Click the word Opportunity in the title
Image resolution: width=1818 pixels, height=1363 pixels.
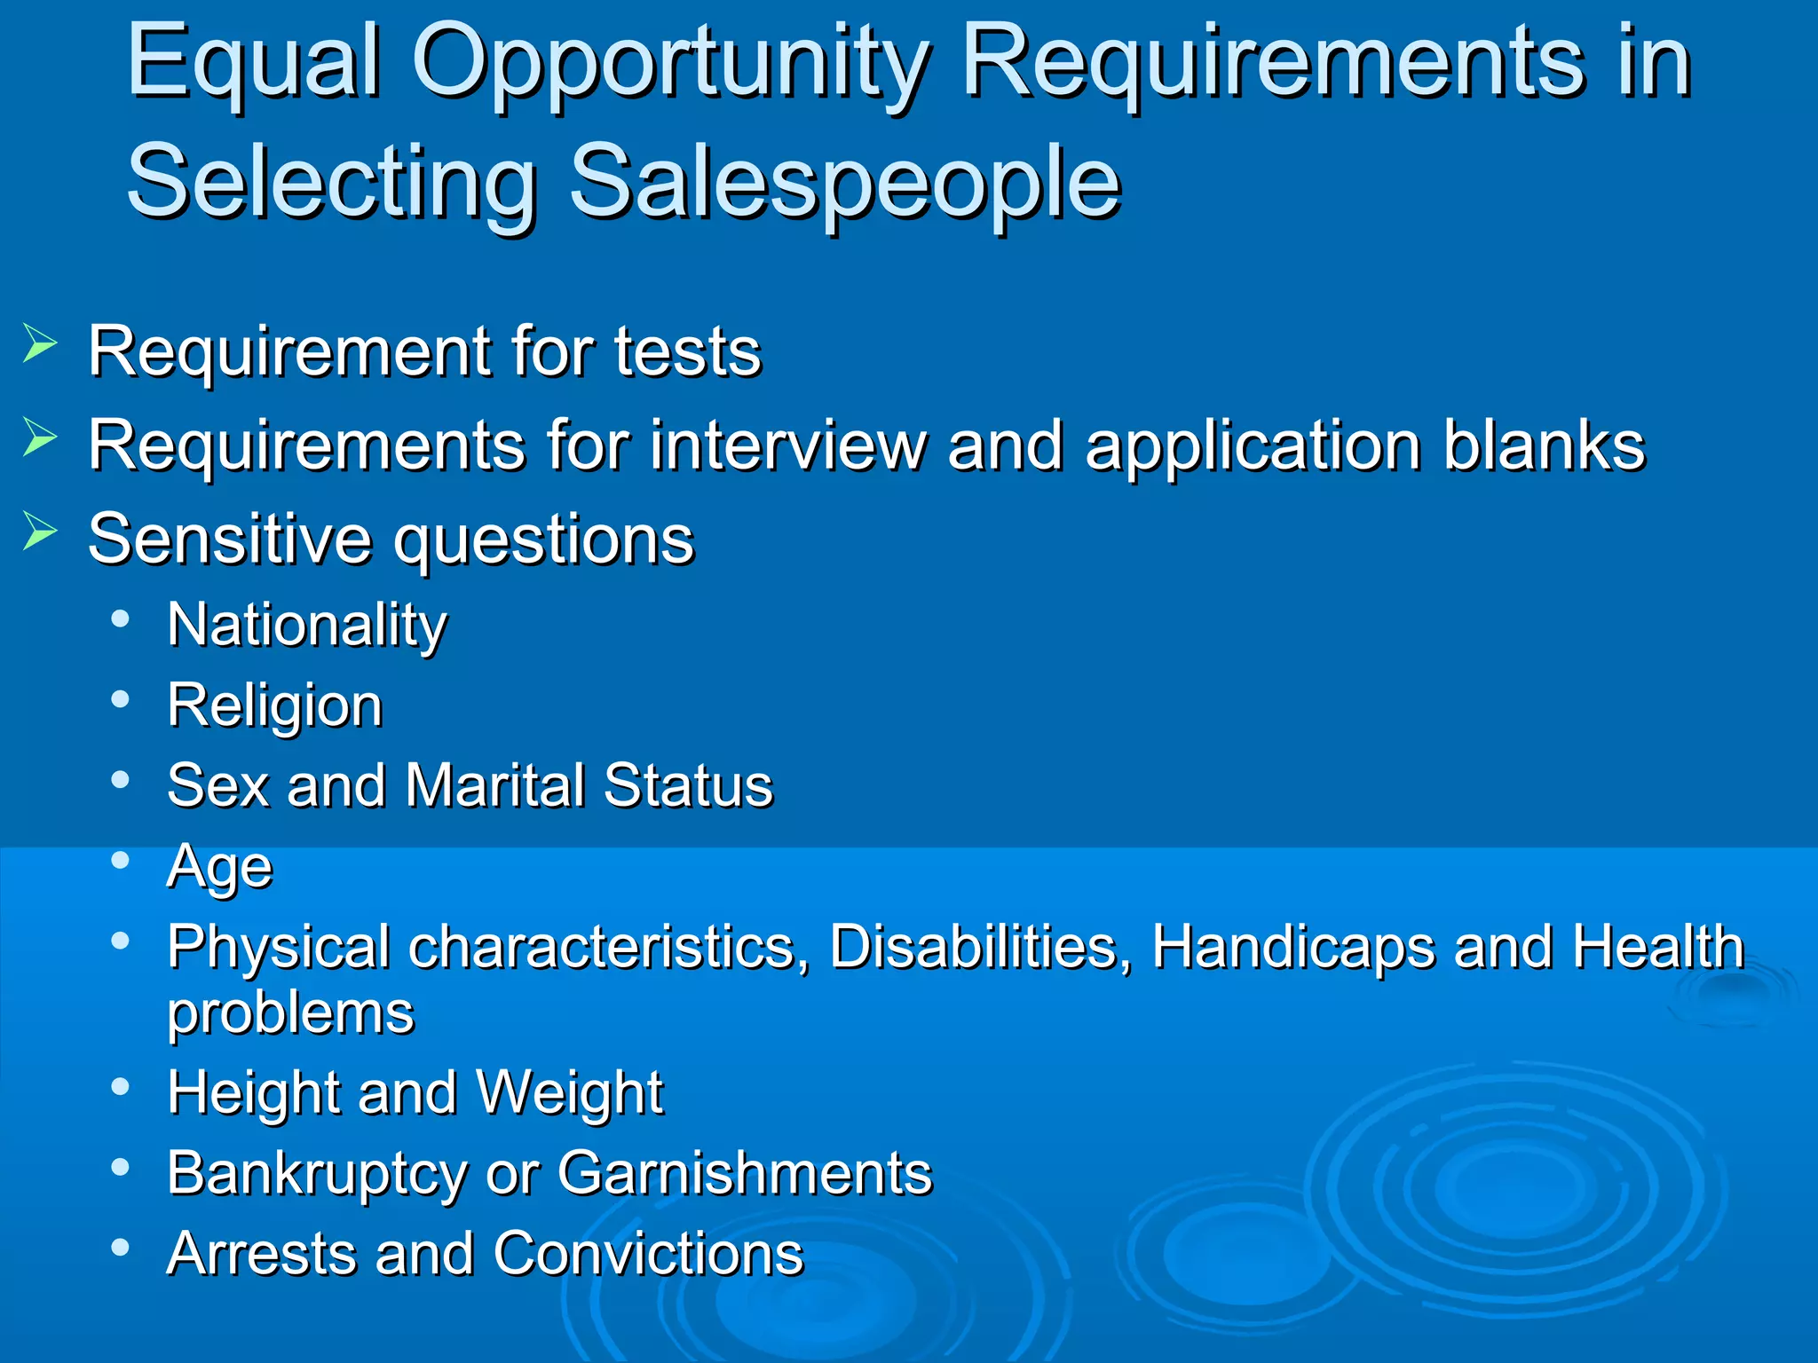pos(670,64)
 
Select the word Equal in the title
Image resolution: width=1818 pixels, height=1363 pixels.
pos(255,64)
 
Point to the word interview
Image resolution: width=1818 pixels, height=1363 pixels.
pos(788,445)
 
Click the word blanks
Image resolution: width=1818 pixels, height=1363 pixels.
pos(1544,445)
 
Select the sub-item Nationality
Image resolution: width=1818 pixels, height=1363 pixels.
pos(307,626)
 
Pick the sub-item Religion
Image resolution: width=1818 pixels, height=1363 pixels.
pos(274,706)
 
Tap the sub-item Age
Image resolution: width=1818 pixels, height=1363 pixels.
pos(219,867)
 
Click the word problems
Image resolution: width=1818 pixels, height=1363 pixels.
pos(290,1012)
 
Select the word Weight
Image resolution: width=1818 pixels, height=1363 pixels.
pos(569,1092)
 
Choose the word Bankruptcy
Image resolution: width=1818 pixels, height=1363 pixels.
pos(316,1174)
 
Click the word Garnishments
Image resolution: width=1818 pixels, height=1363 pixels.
pos(744,1173)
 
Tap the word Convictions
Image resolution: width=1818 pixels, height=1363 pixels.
pos(648,1254)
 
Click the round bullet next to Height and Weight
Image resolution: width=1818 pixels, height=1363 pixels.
pos(121,1086)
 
